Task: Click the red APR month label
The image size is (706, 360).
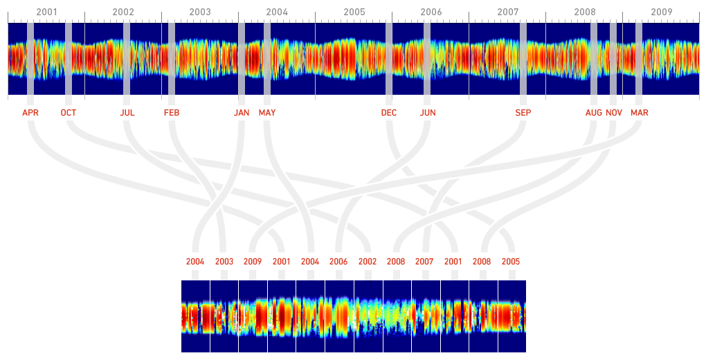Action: pyautogui.click(x=30, y=113)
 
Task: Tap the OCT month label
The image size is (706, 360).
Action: pyautogui.click(x=69, y=113)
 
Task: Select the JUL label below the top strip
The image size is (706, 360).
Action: pyautogui.click(x=127, y=113)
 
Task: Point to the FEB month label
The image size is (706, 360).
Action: pyautogui.click(x=172, y=113)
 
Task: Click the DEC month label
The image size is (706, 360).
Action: pyautogui.click(x=389, y=113)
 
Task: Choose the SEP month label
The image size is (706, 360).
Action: pyautogui.click(x=523, y=113)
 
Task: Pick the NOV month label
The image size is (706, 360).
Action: pyautogui.click(x=614, y=113)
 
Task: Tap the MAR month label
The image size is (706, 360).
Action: pyautogui.click(x=640, y=113)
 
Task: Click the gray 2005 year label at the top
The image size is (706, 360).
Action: pyautogui.click(x=354, y=12)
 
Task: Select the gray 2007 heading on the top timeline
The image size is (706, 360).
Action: pyautogui.click(x=507, y=12)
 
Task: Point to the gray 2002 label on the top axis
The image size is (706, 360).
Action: pyautogui.click(x=123, y=12)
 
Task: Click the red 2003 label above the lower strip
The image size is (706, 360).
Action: pyautogui.click(x=224, y=262)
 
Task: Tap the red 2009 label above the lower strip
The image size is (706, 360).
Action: pyautogui.click(x=253, y=262)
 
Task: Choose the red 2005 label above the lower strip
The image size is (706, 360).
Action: pyautogui.click(x=511, y=262)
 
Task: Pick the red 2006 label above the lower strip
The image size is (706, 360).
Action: pyautogui.click(x=338, y=262)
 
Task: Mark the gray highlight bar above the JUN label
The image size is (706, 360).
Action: pyautogui.click(x=427, y=59)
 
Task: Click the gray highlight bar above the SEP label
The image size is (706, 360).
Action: pyautogui.click(x=523, y=59)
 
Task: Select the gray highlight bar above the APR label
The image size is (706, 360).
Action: pyautogui.click(x=30, y=59)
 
